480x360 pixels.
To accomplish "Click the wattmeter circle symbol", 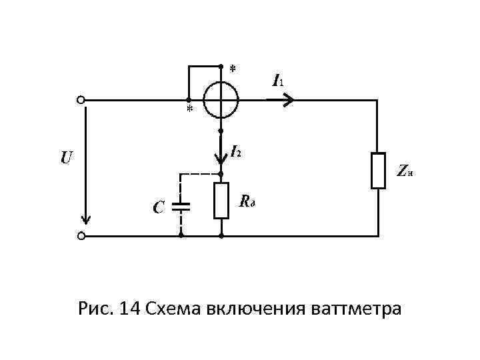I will tap(221, 100).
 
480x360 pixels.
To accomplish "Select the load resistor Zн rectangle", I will tap(378, 171).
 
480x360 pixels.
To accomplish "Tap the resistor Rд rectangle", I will tap(221, 200).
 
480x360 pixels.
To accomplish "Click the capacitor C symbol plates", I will tap(181, 206).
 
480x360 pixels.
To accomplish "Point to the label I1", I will tap(277, 81).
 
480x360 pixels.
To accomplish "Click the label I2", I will tap(236, 152).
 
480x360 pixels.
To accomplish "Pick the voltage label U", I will tap(66, 159).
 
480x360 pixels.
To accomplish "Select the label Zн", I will tap(404, 172).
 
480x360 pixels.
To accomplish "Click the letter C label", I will tap(157, 208).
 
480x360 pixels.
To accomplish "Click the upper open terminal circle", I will tap(81, 100).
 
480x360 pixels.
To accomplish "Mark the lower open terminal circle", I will tap(81, 236).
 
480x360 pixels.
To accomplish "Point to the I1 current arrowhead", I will tap(288, 100).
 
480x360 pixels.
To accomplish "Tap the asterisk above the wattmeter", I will tap(232, 69).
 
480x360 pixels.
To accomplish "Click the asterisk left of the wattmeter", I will tap(189, 109).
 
